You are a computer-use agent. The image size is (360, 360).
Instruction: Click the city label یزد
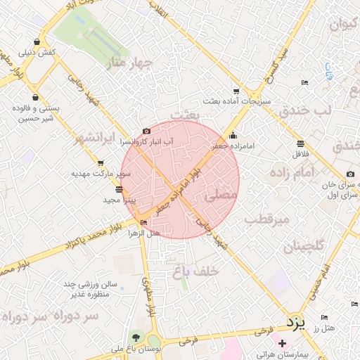coord(296,323)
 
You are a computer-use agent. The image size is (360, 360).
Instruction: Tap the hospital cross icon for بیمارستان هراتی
coord(283,344)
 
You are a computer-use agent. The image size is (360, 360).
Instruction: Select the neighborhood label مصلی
coord(221,198)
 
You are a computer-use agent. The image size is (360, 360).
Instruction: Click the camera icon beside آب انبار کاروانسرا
coord(146,131)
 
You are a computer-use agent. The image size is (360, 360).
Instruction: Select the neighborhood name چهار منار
coord(133,64)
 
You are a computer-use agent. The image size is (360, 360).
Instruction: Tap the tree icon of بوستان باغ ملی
coord(134,336)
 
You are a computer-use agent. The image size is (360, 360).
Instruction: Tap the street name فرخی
coord(186,340)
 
